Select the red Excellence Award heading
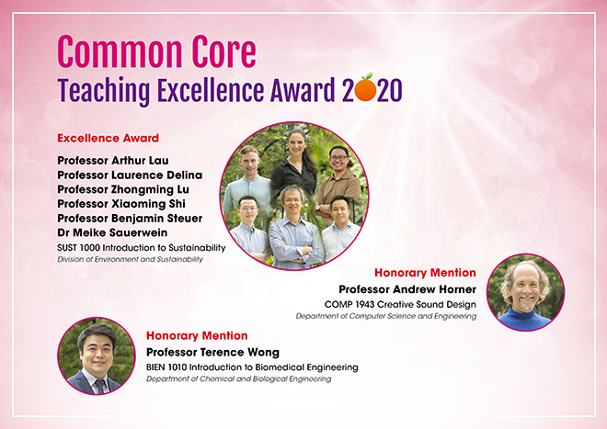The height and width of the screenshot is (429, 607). click(x=108, y=139)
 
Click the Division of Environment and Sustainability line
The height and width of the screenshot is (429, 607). click(x=130, y=260)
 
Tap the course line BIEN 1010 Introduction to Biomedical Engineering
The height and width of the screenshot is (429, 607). click(x=252, y=367)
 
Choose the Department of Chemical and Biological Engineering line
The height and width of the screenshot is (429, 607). click(x=238, y=379)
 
